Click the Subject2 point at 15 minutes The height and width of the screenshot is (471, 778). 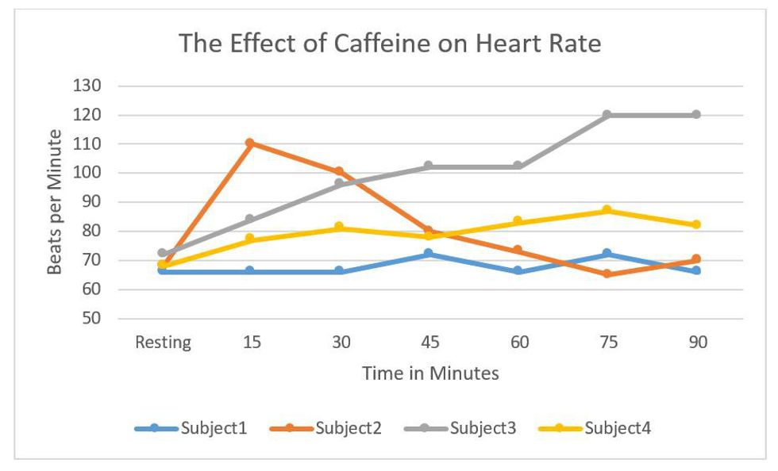coord(250,143)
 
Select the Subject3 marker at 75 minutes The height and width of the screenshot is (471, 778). coord(607,115)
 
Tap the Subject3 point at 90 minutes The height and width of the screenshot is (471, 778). coord(696,115)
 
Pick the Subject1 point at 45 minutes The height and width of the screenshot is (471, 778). coord(429,254)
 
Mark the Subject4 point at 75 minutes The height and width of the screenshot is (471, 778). coord(607,210)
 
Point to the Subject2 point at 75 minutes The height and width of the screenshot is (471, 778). coord(607,274)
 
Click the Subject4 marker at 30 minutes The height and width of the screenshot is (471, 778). coord(340,228)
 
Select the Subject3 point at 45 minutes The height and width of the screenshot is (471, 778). coord(429,167)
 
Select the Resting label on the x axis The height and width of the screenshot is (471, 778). coord(163,343)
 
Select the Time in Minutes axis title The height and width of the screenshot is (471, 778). coord(430,373)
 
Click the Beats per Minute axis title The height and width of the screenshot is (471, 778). coord(54,202)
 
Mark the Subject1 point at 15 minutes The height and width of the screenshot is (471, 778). coord(250,271)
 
